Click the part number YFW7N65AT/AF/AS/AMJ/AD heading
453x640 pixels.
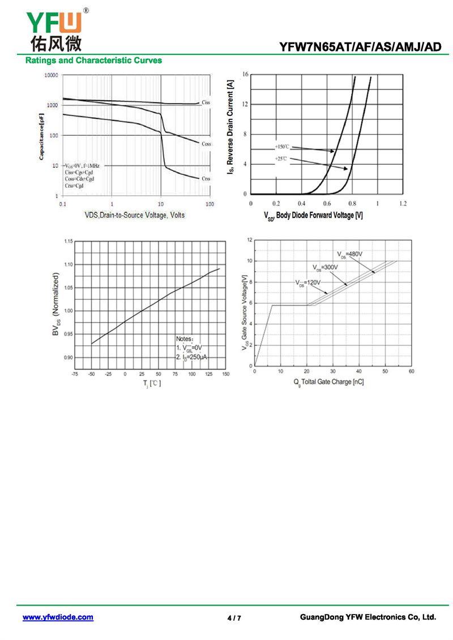[x=360, y=47]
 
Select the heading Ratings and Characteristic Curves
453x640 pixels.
[x=93, y=61]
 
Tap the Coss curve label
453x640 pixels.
[x=206, y=144]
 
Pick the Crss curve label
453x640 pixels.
[x=206, y=178]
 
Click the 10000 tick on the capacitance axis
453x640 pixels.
[x=52, y=75]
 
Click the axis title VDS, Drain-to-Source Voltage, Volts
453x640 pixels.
[x=135, y=215]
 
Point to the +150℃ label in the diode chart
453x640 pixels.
[x=284, y=147]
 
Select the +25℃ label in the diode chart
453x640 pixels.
[x=281, y=159]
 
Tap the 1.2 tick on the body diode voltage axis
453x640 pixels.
[x=403, y=203]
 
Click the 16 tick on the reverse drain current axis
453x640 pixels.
[x=245, y=75]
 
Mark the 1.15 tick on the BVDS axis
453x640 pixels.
[x=68, y=242]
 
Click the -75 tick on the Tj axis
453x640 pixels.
[x=75, y=374]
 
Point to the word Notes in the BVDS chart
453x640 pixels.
[x=185, y=338]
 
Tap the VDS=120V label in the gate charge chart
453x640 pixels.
[x=307, y=282]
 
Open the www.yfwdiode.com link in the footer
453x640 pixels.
[x=58, y=617]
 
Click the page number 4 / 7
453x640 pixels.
[x=234, y=618]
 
